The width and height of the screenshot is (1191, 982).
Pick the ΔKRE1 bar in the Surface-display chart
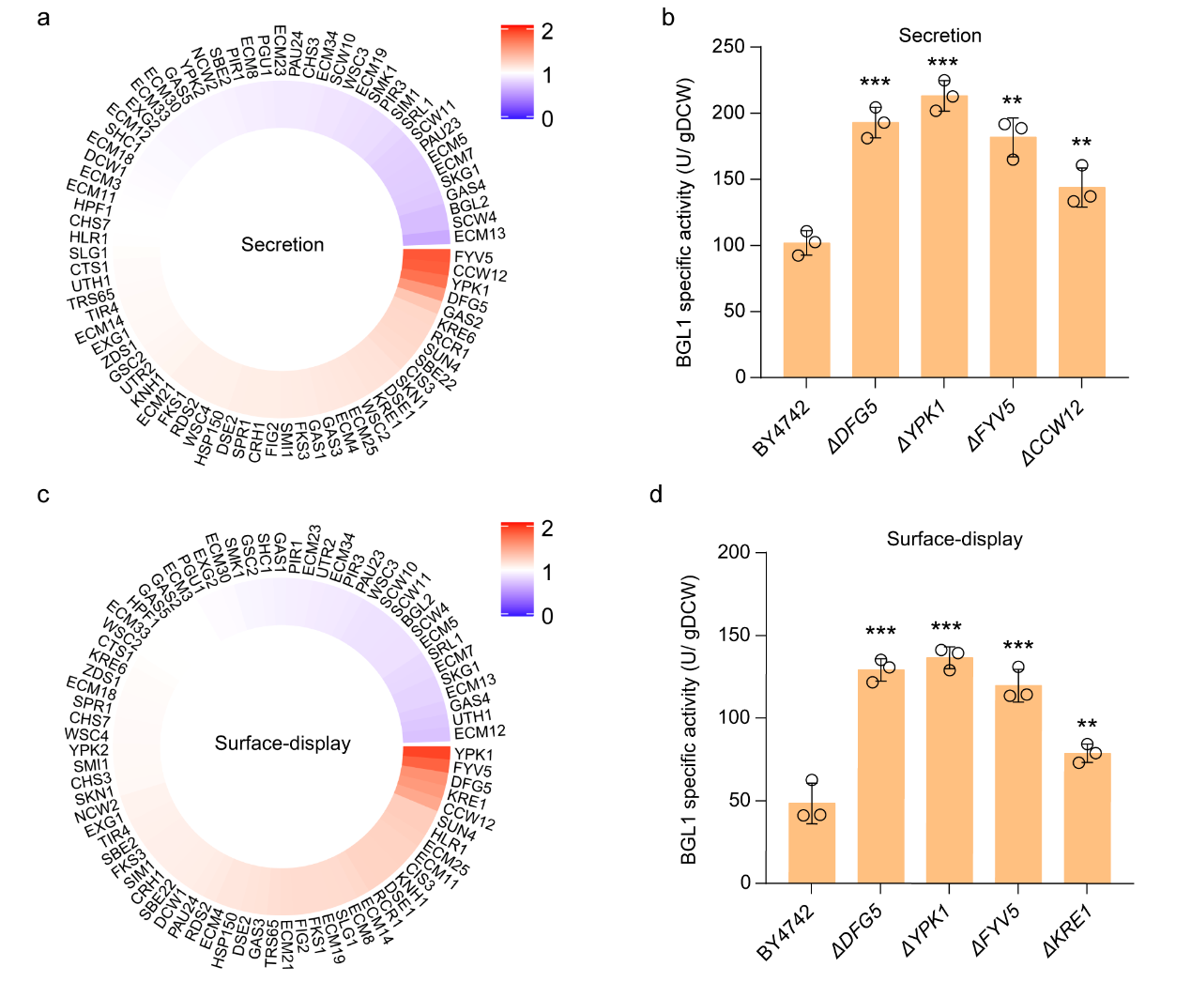click(1087, 818)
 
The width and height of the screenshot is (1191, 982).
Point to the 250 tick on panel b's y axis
click(728, 47)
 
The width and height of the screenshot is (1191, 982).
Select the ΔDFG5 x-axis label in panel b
click(853, 427)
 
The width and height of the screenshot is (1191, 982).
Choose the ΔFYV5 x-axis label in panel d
click(995, 930)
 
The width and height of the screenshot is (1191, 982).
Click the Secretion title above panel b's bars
click(939, 36)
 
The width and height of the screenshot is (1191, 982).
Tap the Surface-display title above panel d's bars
click(954, 539)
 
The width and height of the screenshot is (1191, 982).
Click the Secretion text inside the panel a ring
click(282, 245)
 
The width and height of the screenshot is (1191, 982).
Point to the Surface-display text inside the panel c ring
click(282, 744)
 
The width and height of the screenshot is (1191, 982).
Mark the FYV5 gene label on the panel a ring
click(474, 257)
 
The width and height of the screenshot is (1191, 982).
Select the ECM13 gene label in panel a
click(479, 235)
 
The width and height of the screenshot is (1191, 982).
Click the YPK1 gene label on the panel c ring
click(474, 755)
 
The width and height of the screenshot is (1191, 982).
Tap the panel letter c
click(43, 495)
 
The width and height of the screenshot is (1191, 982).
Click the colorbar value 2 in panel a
click(547, 32)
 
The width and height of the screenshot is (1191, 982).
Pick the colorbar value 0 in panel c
click(547, 616)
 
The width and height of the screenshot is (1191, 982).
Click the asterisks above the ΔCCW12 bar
click(1081, 143)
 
